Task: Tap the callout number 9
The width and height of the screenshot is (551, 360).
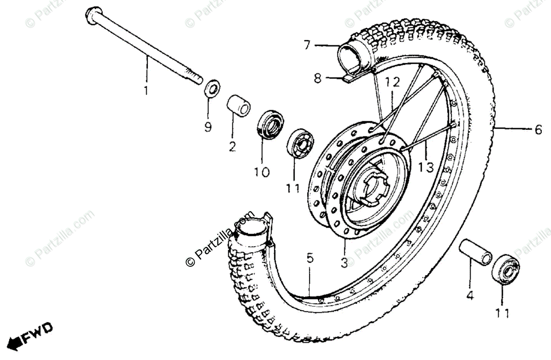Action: (208, 127)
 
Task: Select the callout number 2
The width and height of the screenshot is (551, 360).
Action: (232, 147)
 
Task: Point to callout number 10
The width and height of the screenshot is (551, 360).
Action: (262, 172)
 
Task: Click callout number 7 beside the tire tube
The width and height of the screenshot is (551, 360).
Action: (307, 45)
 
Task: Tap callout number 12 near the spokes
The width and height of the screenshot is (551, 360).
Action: (393, 83)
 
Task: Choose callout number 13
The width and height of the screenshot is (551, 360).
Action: (426, 168)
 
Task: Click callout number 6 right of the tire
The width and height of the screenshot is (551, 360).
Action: (538, 130)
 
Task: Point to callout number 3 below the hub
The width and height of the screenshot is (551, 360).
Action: (344, 264)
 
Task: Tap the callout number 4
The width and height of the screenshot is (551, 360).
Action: (469, 296)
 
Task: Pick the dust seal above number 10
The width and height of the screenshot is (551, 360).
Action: (270, 124)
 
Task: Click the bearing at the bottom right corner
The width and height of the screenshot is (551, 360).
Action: (506, 270)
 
